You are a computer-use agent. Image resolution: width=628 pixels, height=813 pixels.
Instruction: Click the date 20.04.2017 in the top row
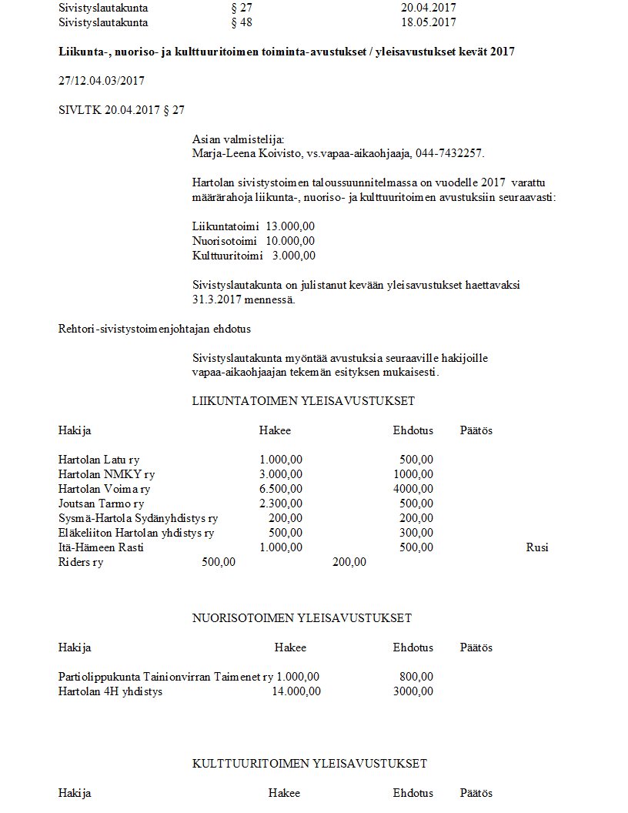point(429,8)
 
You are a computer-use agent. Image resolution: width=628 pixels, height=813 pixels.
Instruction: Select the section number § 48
point(241,22)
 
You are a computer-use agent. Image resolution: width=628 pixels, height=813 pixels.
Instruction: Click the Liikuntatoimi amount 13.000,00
point(290,226)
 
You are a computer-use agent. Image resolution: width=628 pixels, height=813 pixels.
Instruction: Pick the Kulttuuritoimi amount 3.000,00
point(293,256)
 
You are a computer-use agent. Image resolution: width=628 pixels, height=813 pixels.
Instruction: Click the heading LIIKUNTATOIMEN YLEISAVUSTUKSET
point(303,401)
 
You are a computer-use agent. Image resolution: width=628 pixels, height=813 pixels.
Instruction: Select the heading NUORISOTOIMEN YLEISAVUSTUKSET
point(302,618)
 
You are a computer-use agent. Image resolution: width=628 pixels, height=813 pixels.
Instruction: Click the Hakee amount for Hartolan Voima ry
point(281,489)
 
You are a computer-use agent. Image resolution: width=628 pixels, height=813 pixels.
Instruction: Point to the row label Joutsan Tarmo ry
point(101,504)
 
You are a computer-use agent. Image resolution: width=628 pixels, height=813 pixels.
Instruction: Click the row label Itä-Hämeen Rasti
point(101,547)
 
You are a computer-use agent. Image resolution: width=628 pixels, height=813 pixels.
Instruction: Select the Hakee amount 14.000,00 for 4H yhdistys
point(296,691)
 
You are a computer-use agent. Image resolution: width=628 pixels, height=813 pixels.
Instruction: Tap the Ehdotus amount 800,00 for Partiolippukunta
point(416,677)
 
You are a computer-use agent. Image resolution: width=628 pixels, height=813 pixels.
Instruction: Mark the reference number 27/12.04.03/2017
point(102,81)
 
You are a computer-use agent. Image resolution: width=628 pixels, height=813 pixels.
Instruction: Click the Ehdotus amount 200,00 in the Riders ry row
point(349,562)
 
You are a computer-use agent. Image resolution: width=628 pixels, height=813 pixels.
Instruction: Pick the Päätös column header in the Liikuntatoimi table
point(476,430)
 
